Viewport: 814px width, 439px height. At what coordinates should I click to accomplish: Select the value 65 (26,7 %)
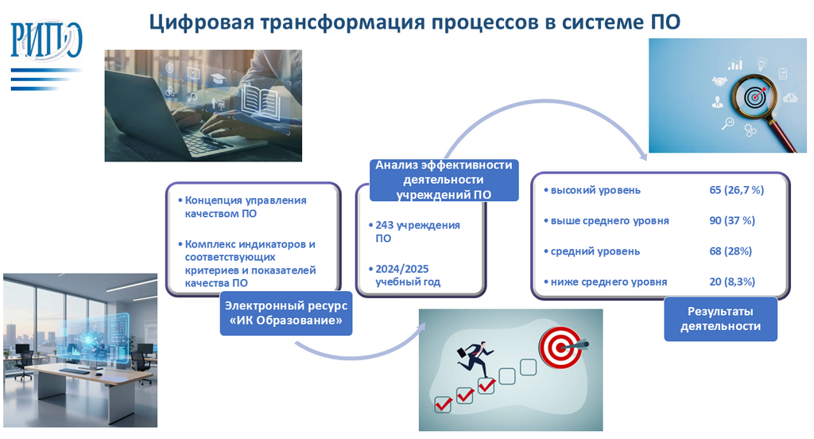[736, 190]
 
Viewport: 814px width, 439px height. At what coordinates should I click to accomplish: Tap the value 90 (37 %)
[731, 220]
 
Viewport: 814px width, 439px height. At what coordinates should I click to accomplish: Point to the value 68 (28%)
[731, 251]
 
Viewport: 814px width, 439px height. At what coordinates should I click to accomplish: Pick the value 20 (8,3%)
[732, 282]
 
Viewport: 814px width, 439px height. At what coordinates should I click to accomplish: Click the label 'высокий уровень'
[595, 190]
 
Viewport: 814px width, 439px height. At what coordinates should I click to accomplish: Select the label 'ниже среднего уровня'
[608, 282]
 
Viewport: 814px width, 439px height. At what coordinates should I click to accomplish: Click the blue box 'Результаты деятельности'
[720, 318]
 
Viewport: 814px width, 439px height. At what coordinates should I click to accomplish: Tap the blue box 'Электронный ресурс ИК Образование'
[285, 313]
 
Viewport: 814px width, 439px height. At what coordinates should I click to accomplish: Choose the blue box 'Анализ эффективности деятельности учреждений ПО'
[444, 180]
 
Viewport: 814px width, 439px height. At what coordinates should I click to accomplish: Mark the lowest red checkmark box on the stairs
[443, 405]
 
